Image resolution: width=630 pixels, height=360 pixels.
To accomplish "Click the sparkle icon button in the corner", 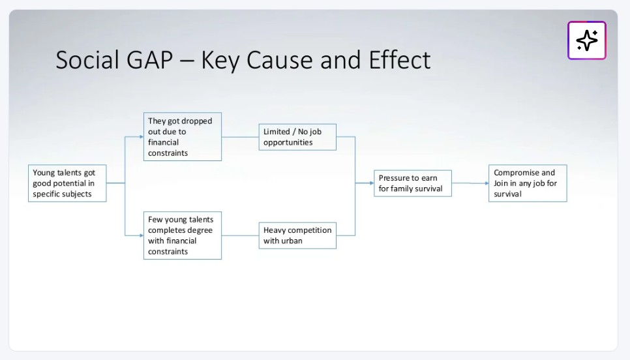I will [x=586, y=40].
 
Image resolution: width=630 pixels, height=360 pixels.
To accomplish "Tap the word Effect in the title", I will [x=399, y=60].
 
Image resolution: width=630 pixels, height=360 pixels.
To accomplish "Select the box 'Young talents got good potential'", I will [x=67, y=183].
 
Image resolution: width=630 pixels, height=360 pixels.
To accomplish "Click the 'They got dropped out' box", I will [x=182, y=137].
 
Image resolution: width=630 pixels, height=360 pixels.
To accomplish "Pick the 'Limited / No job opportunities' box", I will [x=297, y=137].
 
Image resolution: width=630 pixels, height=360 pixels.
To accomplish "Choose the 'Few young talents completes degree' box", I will [x=182, y=235].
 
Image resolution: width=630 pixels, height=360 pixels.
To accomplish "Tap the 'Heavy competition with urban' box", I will [x=297, y=235].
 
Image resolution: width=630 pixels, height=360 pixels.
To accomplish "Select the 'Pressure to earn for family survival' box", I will [x=412, y=183].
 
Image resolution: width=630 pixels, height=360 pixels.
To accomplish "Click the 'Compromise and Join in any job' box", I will [x=528, y=183].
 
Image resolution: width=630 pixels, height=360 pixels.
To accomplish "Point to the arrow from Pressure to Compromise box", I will [x=470, y=183].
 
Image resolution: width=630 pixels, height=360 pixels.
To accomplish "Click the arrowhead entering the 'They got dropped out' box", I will [x=141, y=137].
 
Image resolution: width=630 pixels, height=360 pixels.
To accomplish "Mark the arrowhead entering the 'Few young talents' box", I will [x=141, y=235].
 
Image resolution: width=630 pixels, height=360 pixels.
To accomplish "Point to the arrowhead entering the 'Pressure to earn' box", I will [x=371, y=183].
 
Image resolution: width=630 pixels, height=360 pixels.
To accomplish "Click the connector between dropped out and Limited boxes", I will [x=240, y=137].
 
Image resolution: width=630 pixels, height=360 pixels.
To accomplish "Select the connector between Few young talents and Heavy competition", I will [x=240, y=235].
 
